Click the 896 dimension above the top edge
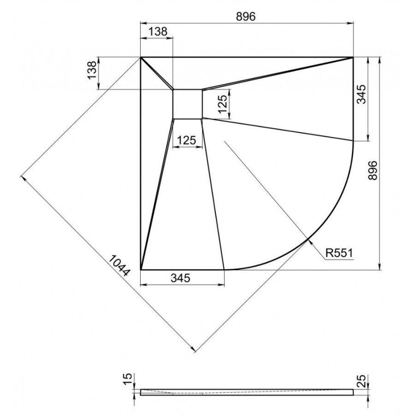[246, 17]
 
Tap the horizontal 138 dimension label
[158, 31]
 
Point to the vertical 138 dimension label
[92, 70]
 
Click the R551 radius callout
[339, 253]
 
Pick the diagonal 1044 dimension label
[119, 266]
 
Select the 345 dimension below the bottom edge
[180, 278]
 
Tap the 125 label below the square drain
[187, 140]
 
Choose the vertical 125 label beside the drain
[222, 103]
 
